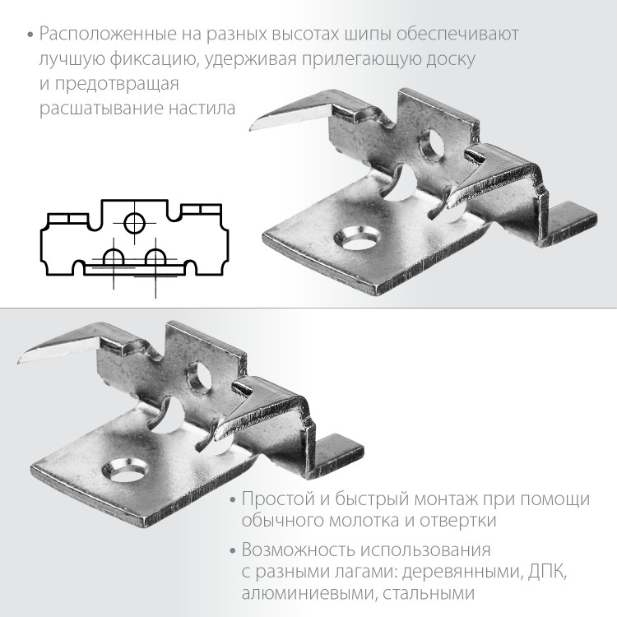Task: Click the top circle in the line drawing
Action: (134, 221)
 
